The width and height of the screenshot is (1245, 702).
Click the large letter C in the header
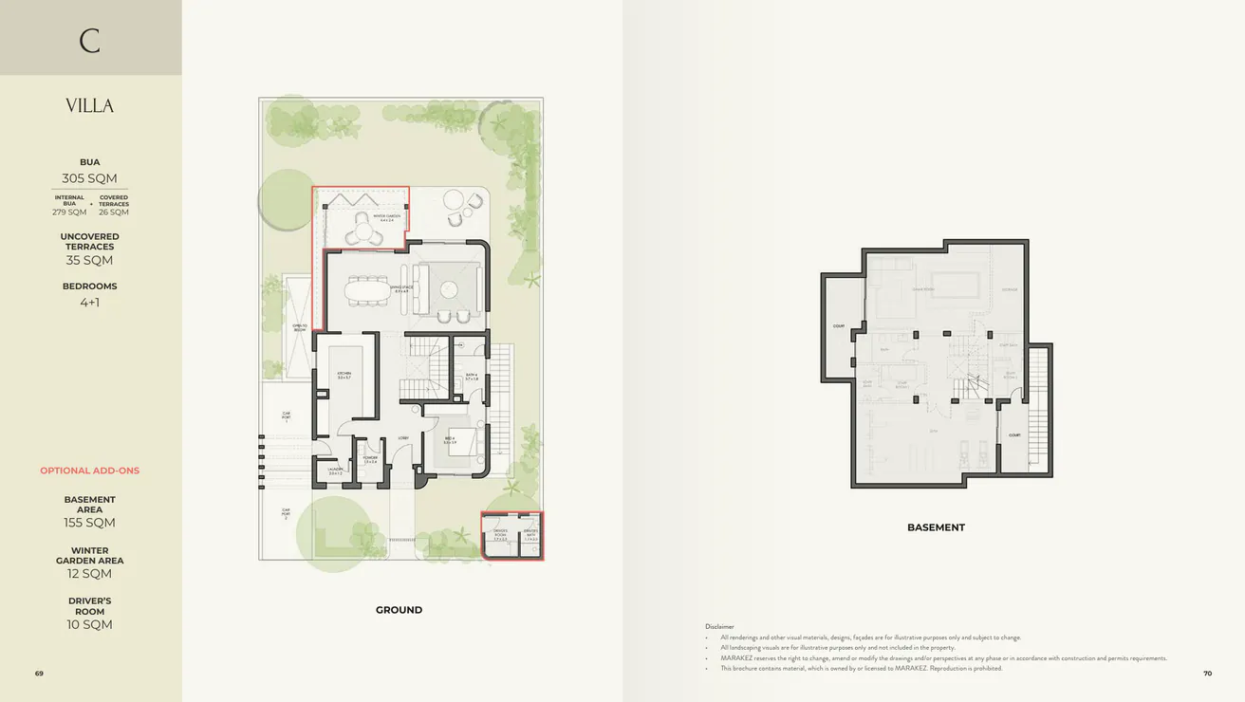(89, 41)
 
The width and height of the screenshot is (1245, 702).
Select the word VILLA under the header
(89, 106)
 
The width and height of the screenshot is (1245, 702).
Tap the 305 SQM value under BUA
(89, 178)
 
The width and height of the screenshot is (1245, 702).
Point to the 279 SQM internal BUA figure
(69, 212)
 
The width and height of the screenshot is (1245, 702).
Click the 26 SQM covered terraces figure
(113, 212)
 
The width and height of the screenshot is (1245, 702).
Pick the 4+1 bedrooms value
(89, 303)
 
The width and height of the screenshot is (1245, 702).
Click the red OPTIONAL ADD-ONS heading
(89, 471)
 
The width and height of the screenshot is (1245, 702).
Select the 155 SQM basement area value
(89, 523)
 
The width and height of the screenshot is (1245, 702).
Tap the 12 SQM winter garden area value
(89, 574)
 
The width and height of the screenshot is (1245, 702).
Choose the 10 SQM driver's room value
(89, 624)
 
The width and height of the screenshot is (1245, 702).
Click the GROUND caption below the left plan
(399, 610)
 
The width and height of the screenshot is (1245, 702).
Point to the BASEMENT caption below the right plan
(936, 527)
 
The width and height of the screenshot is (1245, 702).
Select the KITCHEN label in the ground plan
(344, 375)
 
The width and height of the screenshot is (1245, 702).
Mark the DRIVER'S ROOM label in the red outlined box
(500, 533)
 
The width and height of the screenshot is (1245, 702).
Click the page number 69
(39, 674)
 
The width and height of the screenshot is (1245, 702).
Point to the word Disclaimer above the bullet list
(719, 626)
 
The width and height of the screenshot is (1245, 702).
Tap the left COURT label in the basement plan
(839, 325)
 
